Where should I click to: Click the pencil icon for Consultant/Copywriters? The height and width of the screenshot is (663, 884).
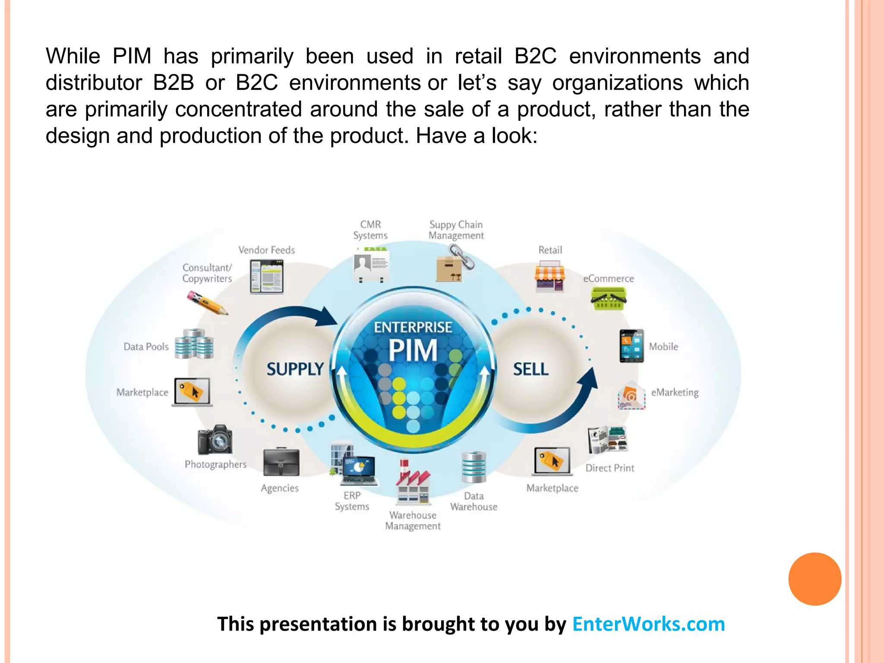click(207, 303)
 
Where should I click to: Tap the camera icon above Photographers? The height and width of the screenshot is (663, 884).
click(215, 440)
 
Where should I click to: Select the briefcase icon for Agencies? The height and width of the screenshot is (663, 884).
click(281, 462)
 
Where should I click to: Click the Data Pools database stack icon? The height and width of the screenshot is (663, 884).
click(194, 344)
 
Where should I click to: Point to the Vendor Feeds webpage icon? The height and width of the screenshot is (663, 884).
click(267, 277)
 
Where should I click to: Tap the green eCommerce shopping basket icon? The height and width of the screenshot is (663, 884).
click(609, 299)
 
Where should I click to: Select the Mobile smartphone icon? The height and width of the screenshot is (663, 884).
click(631, 346)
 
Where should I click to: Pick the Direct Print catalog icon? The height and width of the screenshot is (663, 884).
click(608, 439)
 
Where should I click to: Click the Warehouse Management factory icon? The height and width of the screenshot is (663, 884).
click(413, 483)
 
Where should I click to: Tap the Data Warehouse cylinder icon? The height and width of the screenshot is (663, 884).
click(474, 467)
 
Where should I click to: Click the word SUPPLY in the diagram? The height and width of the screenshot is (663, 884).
click(295, 369)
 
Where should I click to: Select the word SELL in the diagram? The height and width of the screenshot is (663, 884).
click(531, 369)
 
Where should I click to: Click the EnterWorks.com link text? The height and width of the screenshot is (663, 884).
click(648, 624)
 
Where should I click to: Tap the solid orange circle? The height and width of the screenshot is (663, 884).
click(815, 579)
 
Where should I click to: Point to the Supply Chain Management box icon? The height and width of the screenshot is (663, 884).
click(453, 264)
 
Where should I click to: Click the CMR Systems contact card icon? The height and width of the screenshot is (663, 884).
click(371, 264)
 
